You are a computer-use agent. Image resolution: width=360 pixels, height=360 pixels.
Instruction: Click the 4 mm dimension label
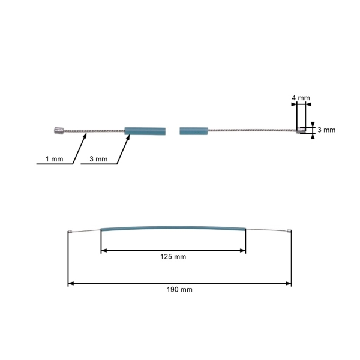click(301, 98)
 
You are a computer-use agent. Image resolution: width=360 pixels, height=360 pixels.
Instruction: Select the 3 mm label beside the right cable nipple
click(326, 130)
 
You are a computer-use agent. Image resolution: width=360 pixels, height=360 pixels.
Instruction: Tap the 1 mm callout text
click(55, 159)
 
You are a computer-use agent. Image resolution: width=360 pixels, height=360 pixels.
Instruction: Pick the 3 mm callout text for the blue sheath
click(98, 159)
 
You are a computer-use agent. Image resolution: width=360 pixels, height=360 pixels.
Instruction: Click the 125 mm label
click(173, 257)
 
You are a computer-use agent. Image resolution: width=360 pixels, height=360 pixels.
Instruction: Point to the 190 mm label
click(179, 290)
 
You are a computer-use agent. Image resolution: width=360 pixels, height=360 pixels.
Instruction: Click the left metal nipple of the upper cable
click(59, 131)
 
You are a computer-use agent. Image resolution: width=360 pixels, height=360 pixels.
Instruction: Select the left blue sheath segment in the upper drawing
click(145, 131)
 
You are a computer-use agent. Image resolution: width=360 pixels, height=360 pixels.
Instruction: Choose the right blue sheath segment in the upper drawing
click(194, 131)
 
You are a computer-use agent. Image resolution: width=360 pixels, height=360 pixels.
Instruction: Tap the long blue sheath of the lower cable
click(173, 227)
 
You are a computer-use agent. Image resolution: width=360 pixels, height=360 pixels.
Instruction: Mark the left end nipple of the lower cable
click(71, 232)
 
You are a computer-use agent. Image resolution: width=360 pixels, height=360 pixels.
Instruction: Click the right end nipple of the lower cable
click(289, 231)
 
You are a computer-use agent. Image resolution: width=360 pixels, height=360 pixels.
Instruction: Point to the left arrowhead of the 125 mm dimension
click(104, 250)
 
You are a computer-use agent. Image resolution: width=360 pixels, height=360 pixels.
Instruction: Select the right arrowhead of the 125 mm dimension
click(242, 250)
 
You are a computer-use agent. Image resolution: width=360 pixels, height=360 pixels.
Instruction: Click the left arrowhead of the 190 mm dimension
click(71, 284)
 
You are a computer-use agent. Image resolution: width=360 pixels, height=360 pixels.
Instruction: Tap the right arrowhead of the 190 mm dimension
click(289, 284)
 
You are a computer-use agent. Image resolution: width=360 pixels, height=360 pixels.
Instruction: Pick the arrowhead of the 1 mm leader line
click(85, 136)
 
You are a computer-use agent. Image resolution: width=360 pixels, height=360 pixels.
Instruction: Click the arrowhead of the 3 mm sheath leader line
click(128, 137)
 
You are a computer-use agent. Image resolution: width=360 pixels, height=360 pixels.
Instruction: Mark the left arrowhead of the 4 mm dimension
click(294, 104)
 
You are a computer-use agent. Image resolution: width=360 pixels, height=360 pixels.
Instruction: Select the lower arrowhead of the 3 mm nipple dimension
click(313, 136)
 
